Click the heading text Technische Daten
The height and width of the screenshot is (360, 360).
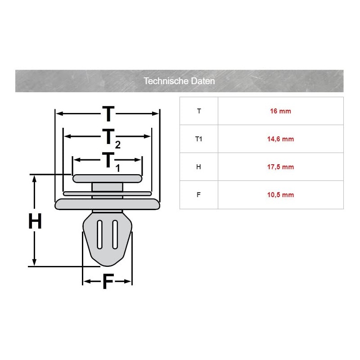[x=179, y=81]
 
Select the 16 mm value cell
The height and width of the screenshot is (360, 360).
[x=280, y=111]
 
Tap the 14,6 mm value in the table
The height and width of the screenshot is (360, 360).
[x=280, y=139]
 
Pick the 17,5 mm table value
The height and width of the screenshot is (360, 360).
[x=280, y=167]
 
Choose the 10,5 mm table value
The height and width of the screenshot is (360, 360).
[x=280, y=195]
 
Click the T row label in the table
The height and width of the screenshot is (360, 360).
[x=199, y=111]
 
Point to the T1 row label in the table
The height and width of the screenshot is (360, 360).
[x=198, y=139]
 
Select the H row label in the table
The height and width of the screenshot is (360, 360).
[x=198, y=167]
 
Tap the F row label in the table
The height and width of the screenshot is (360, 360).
[x=198, y=195]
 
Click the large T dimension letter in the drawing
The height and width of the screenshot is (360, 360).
[x=108, y=114]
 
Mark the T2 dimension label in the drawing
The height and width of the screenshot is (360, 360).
[x=111, y=139]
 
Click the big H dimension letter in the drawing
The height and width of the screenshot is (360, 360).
[x=35, y=221]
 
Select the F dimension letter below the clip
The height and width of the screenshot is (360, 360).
[x=108, y=282]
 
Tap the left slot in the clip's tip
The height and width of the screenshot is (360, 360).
[x=99, y=234]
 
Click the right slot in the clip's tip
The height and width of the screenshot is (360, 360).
[x=115, y=234]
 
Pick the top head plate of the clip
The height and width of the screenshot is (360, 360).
[x=107, y=179]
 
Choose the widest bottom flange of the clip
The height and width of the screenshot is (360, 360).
[x=107, y=204]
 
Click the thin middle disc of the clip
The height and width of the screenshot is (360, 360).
[x=107, y=193]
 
